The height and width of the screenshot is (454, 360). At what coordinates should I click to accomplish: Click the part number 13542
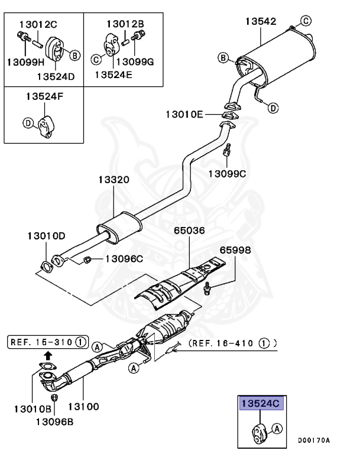(x=261, y=21)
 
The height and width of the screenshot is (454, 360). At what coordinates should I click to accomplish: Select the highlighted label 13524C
(x=261, y=404)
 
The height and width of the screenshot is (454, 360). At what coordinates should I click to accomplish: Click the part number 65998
(x=235, y=251)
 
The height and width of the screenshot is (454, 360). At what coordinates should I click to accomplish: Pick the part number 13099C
(x=228, y=173)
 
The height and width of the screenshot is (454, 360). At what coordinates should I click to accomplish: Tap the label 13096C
(x=124, y=258)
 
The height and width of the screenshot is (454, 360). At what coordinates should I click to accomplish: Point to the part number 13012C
(x=38, y=25)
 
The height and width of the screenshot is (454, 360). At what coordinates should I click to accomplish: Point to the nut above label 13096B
(x=54, y=398)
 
